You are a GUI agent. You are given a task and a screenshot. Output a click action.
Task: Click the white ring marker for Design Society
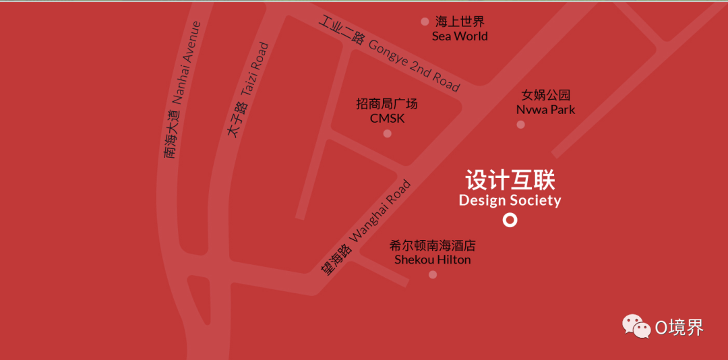510,220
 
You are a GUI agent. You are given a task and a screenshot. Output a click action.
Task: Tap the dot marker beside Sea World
425,22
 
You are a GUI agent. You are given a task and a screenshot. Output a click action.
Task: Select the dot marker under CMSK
387,133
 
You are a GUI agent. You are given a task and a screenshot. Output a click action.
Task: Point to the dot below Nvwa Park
520,125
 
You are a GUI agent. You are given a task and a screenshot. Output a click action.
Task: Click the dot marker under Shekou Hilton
433,274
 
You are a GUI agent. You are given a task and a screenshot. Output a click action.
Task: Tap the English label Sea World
460,36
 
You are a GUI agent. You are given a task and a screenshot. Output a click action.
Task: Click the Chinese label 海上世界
460,22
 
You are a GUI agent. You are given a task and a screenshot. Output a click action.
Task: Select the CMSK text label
387,119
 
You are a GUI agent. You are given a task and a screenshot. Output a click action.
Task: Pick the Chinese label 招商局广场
387,104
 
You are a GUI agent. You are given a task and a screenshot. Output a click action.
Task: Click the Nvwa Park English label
546,109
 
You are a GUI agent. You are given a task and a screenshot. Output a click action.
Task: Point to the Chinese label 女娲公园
546,95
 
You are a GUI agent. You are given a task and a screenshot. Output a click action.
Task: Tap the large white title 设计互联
510,181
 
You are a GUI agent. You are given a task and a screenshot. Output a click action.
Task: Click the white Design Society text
510,200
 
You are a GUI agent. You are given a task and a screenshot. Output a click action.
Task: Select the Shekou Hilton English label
433,260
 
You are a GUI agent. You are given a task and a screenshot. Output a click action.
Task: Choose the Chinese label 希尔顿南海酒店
433,245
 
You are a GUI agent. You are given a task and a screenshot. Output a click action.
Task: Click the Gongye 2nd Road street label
414,65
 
